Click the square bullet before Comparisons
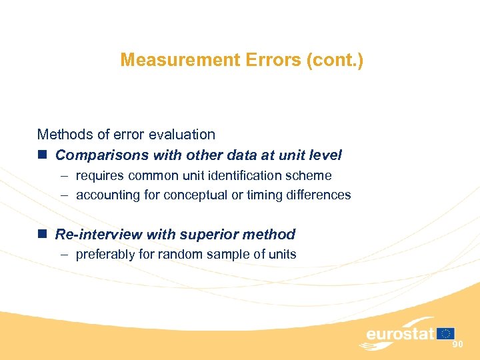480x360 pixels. tap(42, 155)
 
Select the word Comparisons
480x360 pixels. tap(102, 155)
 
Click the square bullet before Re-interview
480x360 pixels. tap(42, 235)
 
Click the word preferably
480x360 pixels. tap(105, 254)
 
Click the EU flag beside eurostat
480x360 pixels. tap(446, 333)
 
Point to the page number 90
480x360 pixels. tap(457, 344)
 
